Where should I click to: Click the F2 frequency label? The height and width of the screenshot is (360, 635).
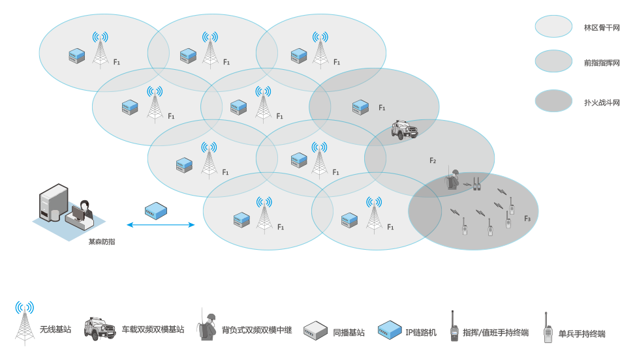(x=433, y=160)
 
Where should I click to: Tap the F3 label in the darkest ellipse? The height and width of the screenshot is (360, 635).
(x=527, y=218)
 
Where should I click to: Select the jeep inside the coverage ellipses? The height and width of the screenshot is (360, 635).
(x=404, y=129)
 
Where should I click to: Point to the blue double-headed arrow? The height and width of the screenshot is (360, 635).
(x=161, y=225)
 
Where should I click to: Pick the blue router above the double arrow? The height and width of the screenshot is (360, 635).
(x=155, y=211)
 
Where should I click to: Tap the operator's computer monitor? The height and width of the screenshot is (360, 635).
(x=78, y=213)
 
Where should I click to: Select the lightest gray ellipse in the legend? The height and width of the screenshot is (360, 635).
(x=553, y=27)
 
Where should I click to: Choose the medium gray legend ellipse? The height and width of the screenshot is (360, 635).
(x=553, y=61)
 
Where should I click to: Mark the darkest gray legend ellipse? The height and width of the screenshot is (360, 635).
(x=553, y=101)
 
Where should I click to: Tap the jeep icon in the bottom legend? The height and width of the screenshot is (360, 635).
(x=100, y=329)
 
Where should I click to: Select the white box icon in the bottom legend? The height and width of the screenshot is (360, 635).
(x=315, y=331)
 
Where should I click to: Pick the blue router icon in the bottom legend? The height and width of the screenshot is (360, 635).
(x=390, y=330)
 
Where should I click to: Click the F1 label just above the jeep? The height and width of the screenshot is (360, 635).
(x=382, y=108)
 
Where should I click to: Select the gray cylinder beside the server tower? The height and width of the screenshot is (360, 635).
(x=55, y=213)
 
